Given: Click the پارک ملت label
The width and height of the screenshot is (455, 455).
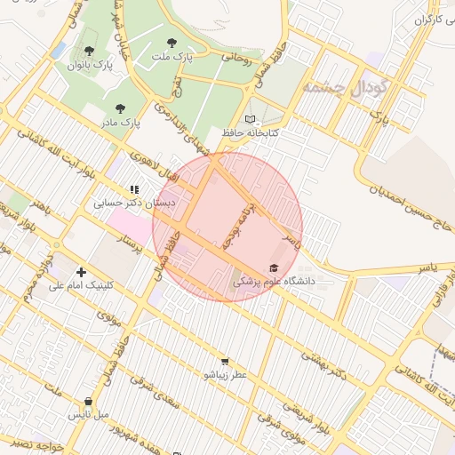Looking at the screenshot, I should point(172,57).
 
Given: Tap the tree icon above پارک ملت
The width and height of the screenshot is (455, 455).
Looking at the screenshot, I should point(172,42).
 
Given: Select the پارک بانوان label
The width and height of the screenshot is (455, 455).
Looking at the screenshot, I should point(95,65).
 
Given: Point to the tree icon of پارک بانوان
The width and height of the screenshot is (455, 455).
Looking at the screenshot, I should point(89,51).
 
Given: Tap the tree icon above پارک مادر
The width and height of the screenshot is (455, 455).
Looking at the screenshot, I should point(120,108).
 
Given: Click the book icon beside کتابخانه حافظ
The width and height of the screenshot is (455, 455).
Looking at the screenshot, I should point(250,119).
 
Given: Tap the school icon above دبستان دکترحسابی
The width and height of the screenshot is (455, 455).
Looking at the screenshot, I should point(134,189).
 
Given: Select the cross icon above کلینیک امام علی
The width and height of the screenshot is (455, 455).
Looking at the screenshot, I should point(81,272).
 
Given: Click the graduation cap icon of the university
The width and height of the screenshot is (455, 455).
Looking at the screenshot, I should point(273,267).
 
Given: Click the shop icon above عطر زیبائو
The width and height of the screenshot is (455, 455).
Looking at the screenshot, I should point(224,361).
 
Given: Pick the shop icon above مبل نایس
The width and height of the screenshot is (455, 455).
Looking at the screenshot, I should point(88,401).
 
